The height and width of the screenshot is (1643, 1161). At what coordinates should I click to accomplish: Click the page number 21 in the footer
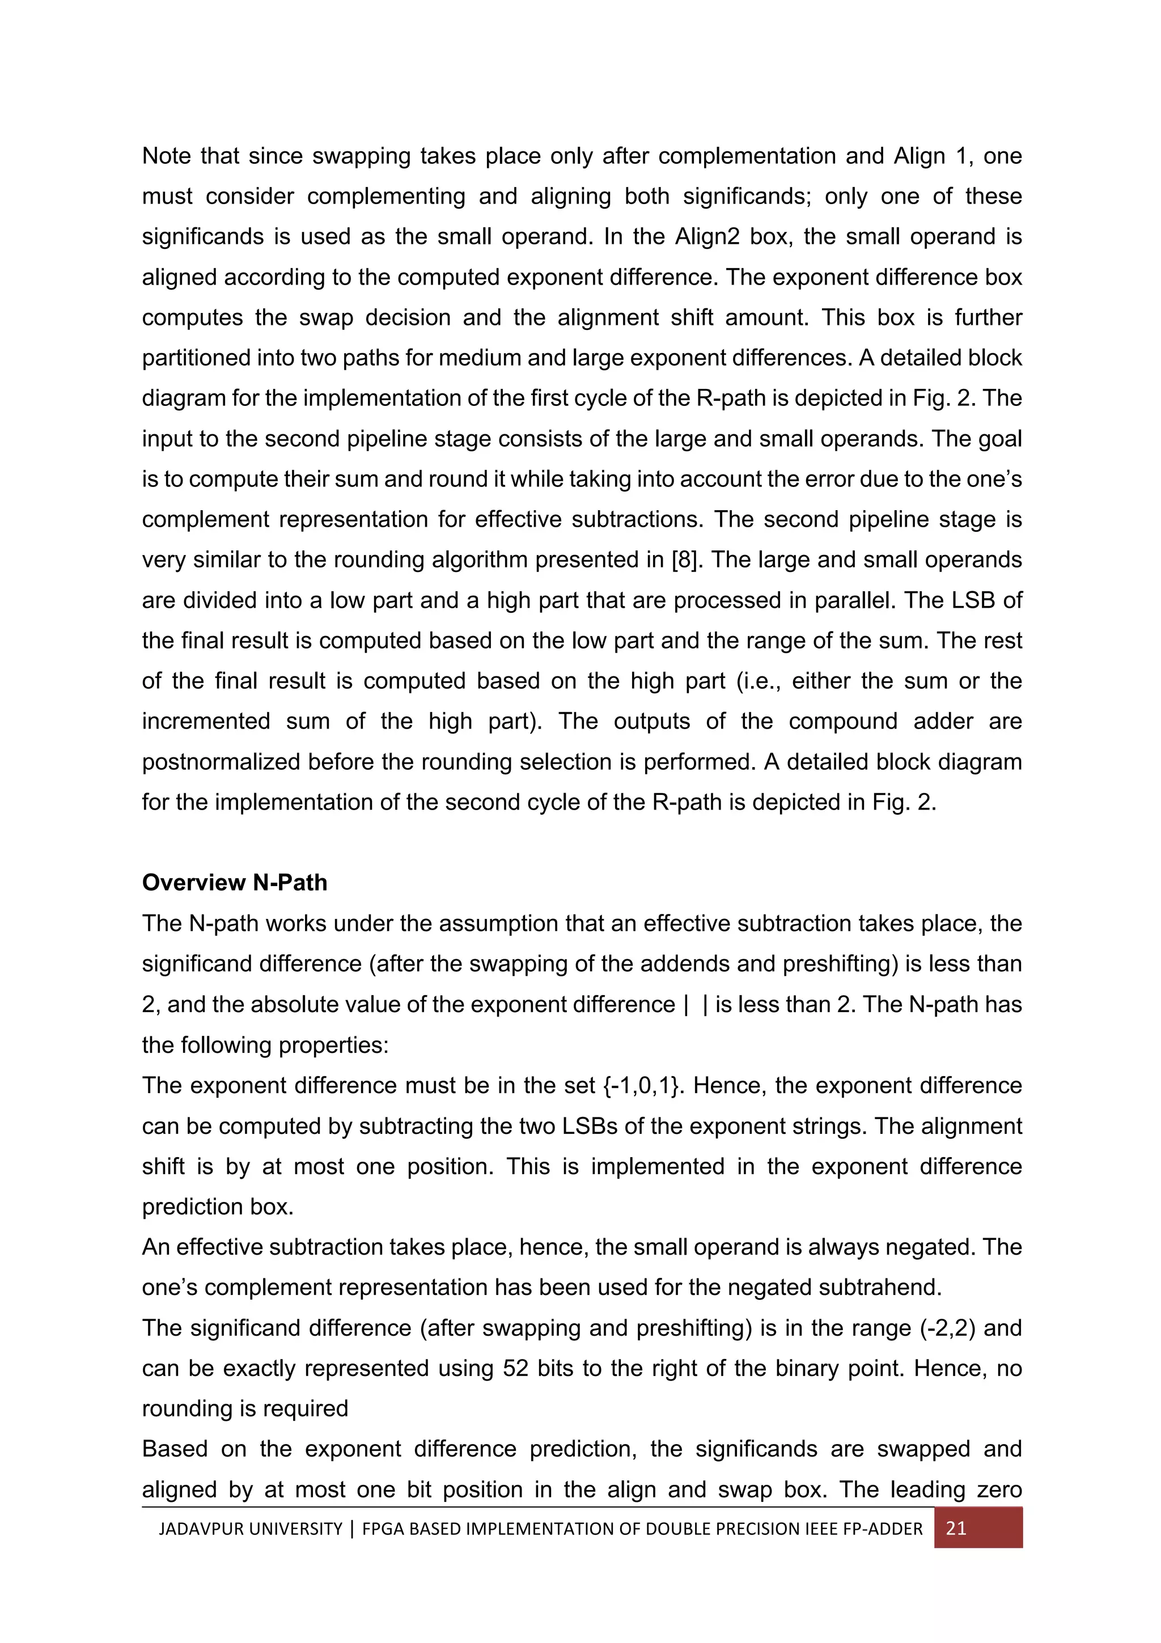point(956,1528)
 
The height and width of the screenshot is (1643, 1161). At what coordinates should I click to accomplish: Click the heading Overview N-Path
point(235,882)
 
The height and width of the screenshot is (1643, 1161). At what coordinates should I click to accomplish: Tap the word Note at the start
point(164,155)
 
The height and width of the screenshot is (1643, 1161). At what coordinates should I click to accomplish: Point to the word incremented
point(206,721)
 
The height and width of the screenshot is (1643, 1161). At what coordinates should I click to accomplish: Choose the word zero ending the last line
point(996,1489)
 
